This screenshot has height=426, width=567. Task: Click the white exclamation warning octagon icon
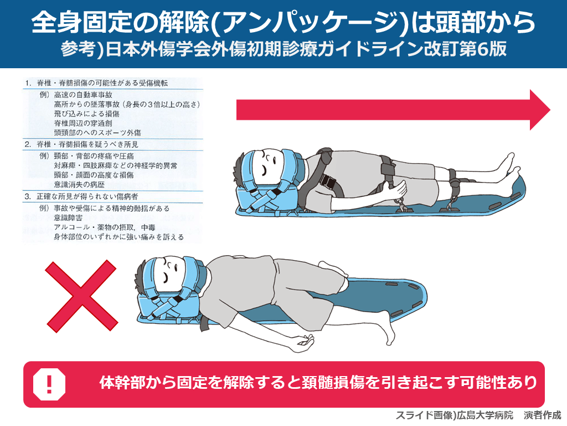pos(49,384)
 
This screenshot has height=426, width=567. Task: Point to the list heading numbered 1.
pos(96,83)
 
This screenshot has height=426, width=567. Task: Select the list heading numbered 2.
pos(82,145)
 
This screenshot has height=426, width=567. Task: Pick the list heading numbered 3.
pos(82,197)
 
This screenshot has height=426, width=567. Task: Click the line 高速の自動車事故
pos(83,95)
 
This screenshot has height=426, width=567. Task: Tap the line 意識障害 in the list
pos(68,217)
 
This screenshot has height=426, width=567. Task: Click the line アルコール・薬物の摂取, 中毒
pos(105,227)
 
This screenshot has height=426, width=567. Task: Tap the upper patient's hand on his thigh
pos(395,189)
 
